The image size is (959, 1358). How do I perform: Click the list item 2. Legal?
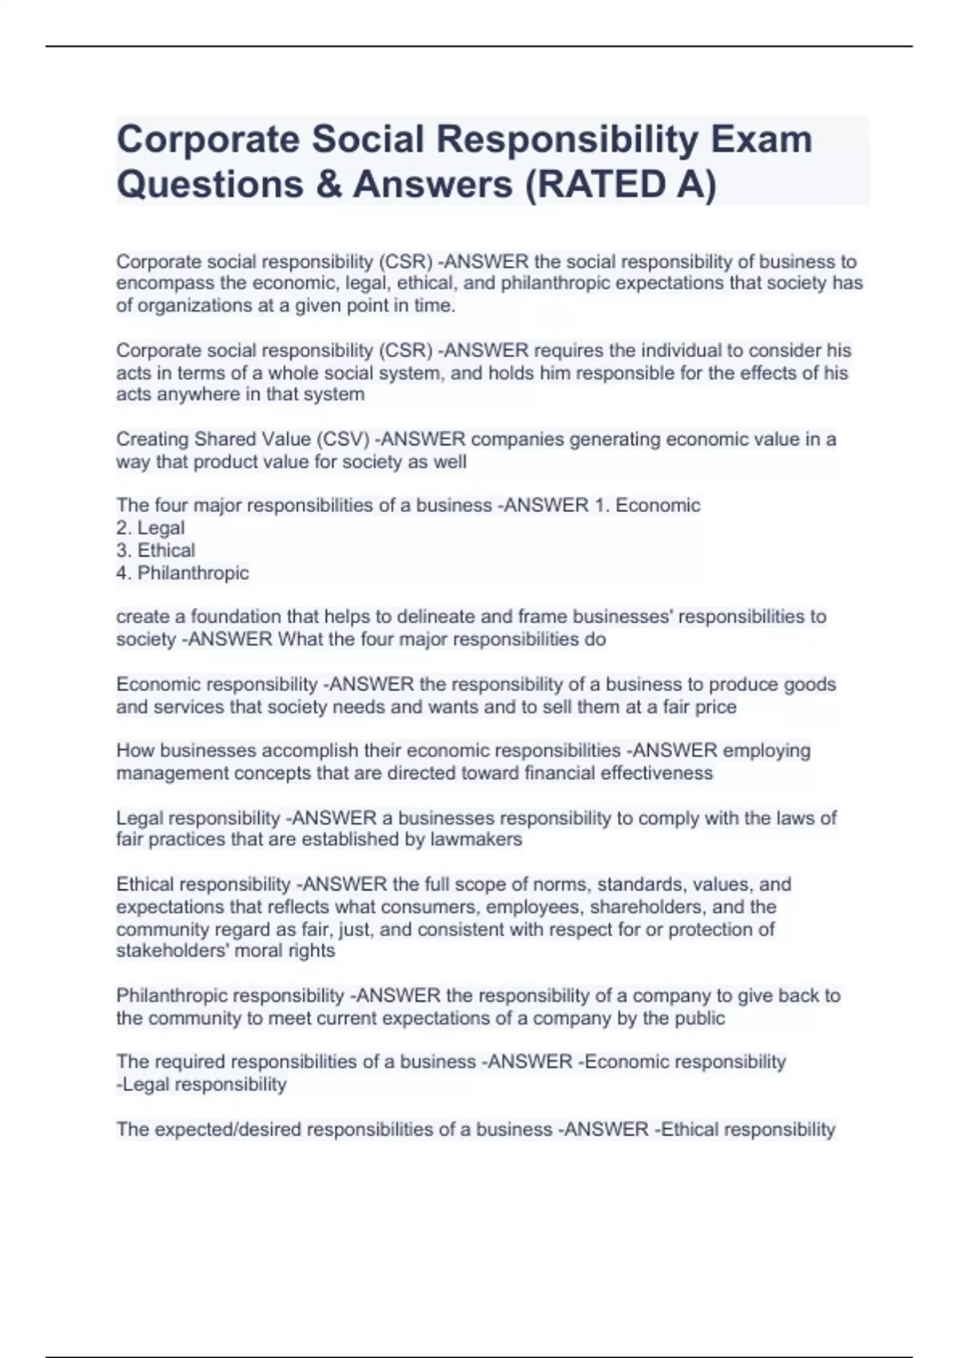(x=150, y=528)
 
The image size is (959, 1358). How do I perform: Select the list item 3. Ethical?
(x=155, y=550)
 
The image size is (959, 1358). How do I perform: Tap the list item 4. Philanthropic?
(x=182, y=573)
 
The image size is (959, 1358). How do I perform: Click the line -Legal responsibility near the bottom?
(x=201, y=1085)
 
